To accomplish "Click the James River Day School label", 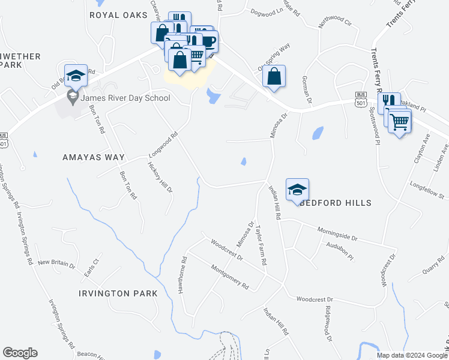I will coord(126,98).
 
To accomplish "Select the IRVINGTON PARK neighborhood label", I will coord(118,293).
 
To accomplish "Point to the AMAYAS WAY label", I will coord(94,157).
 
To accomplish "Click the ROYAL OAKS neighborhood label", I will coord(118,14).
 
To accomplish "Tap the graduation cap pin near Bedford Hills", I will coord(297,190).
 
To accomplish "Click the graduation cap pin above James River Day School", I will coord(76,76).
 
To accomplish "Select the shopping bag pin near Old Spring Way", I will coord(274,76).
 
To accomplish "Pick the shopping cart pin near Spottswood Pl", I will coord(400,122).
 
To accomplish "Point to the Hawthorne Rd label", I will coord(182,275).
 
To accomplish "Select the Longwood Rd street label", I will coord(163,146).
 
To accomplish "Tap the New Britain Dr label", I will coord(56,263).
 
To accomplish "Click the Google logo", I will coord(20,353).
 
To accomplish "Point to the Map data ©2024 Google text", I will coord(412,355).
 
